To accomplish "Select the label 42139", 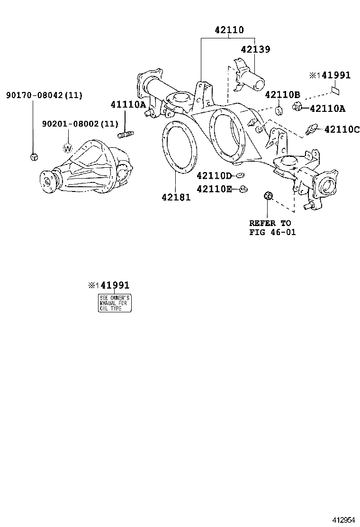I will point(255,49).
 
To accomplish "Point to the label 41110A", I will point(128,105).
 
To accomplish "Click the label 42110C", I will point(342,129).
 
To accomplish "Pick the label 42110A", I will point(328,109).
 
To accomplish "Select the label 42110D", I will point(214,176).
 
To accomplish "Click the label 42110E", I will point(214,189).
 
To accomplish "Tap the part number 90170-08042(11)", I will point(44,95).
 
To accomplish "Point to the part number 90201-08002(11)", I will point(80,124).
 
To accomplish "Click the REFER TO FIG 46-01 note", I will point(270,227).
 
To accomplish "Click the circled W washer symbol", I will point(68,148).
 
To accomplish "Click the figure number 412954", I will point(342,519).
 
